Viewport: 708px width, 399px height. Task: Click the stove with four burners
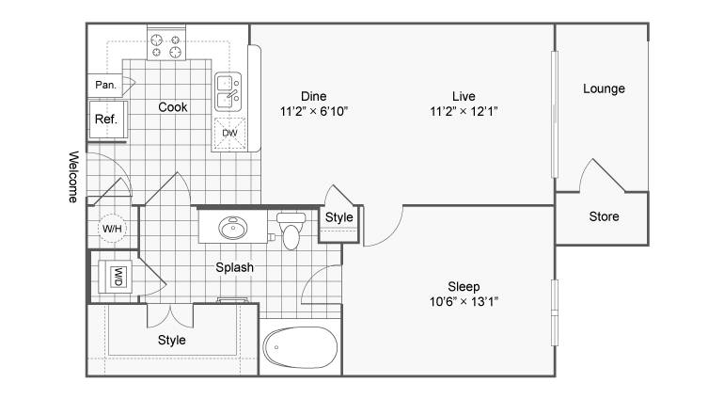166,43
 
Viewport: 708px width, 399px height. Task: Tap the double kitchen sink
228,91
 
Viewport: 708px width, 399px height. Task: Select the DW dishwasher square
229,133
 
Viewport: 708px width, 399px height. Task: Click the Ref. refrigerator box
107,120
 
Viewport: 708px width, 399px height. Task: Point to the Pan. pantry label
105,85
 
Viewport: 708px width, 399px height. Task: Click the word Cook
172,107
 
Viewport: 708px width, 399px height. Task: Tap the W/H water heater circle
112,228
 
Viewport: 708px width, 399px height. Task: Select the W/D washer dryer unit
116,277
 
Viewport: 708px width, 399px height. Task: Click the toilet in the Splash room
291,231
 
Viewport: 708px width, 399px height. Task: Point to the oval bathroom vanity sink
233,228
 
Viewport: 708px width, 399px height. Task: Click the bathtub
300,347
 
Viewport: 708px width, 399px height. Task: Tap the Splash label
234,267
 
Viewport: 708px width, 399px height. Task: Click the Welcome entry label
73,177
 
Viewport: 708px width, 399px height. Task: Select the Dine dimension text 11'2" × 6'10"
314,111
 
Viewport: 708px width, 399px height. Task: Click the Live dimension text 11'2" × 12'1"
464,111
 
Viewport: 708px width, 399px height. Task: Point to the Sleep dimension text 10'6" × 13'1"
464,301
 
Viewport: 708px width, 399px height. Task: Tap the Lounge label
604,88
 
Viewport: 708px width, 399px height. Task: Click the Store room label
604,216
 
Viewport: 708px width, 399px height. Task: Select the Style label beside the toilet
339,217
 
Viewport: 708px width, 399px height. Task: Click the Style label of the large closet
171,340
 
